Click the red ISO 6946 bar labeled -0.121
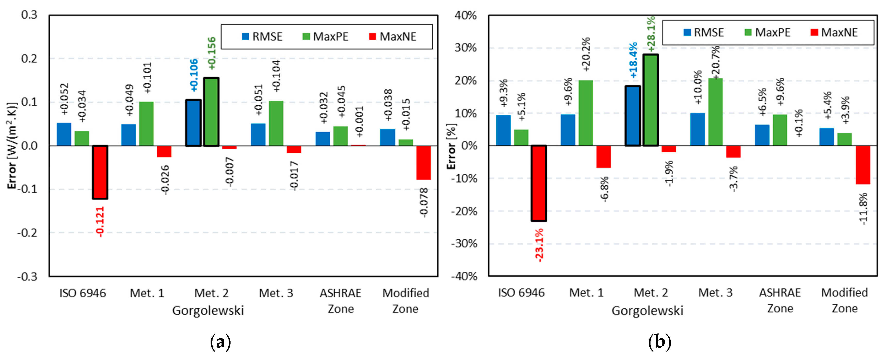tap(100, 172)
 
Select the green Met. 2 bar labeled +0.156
tap(211, 112)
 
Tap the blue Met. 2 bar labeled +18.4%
tap(633, 116)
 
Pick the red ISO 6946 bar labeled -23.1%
tap(539, 183)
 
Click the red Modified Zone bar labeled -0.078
tap(423, 163)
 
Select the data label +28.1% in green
tap(651, 34)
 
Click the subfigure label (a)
tap(220, 342)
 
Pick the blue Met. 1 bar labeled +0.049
tap(128, 135)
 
